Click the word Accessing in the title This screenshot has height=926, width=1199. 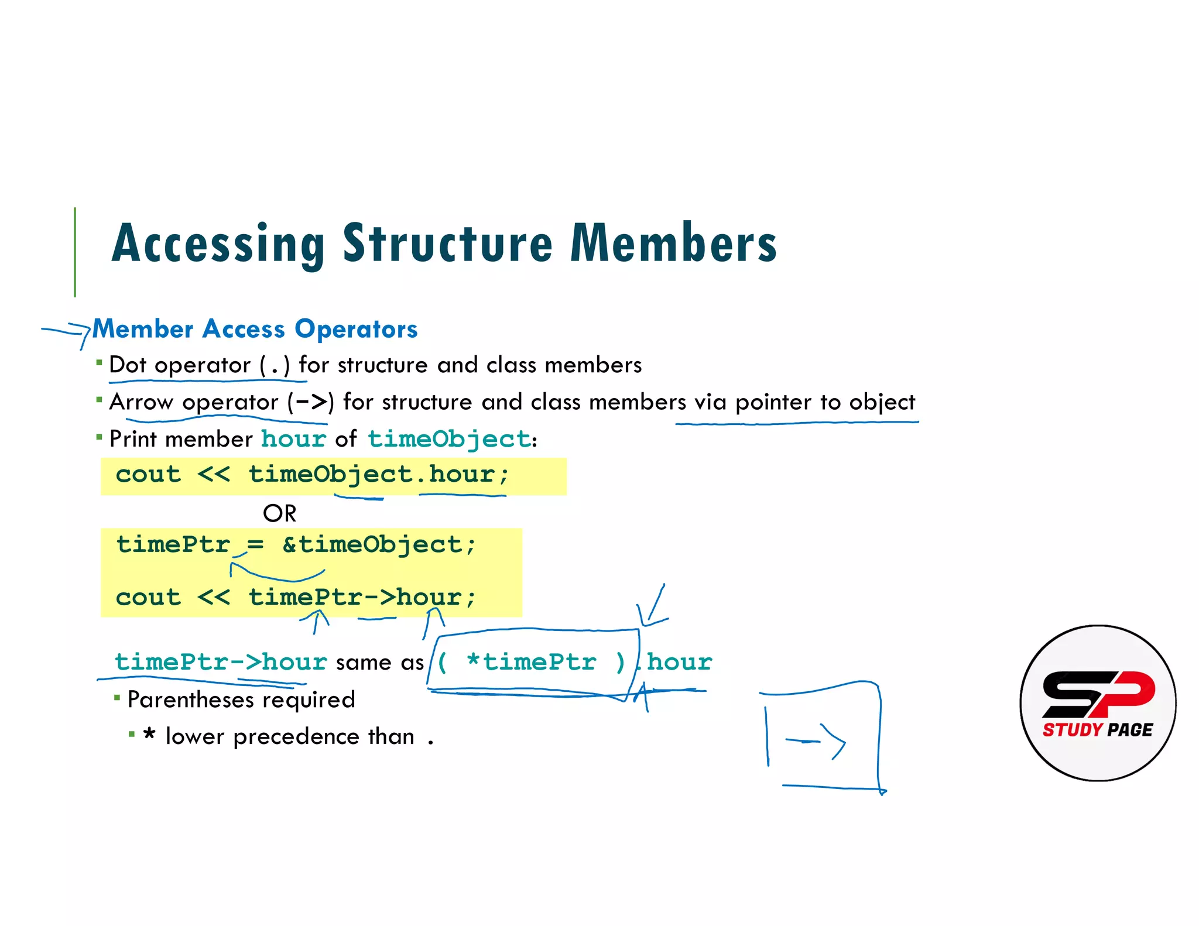click(x=218, y=243)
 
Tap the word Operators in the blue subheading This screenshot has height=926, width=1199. click(x=356, y=329)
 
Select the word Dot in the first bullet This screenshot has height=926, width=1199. click(x=128, y=365)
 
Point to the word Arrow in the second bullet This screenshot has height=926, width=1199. click(x=141, y=402)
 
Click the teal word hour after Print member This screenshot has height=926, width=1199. click(x=293, y=439)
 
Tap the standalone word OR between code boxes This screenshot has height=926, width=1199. click(x=280, y=513)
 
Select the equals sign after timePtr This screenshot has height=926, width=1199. click(x=255, y=544)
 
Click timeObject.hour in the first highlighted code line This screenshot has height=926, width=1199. click(x=378, y=474)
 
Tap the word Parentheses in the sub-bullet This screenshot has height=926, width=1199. click(x=187, y=699)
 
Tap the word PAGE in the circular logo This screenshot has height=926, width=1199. click(x=1131, y=730)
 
